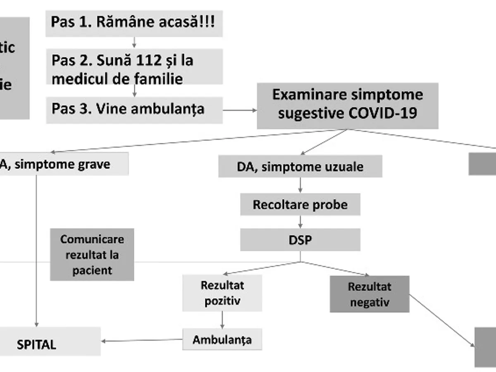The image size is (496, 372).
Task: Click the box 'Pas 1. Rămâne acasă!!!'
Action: click(134, 23)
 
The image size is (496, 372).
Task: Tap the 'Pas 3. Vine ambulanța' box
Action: click(134, 110)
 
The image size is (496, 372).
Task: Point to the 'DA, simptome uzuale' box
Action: click(300, 167)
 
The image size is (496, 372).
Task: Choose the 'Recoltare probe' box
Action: click(300, 205)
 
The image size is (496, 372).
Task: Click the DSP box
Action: click(300, 240)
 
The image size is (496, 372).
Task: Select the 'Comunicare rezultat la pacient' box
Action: click(92, 255)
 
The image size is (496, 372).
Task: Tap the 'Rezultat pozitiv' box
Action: click(222, 293)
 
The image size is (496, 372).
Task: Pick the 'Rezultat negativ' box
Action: click(370, 294)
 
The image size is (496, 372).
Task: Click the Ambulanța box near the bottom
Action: click(222, 340)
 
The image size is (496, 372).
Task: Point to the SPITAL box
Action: click(50, 345)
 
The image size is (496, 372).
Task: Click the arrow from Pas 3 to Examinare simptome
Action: click(240, 110)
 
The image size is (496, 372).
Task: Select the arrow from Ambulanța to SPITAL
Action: click(143, 341)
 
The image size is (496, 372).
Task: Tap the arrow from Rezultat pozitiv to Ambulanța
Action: click(223, 320)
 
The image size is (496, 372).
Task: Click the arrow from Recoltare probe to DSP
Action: click(300, 222)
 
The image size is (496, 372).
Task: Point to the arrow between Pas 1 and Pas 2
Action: click(134, 43)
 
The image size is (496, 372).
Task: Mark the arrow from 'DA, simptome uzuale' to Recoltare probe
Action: click(300, 185)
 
